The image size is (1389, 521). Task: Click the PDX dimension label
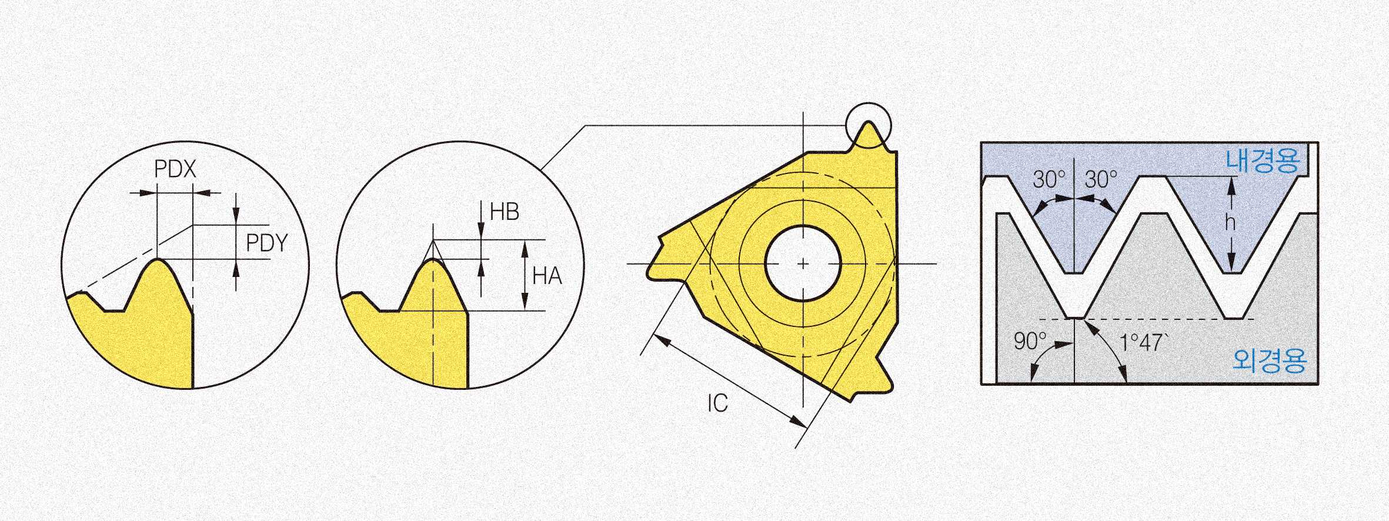pyautogui.click(x=175, y=169)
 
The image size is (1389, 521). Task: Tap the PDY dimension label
pyautogui.click(x=267, y=243)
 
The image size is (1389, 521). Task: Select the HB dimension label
pyautogui.click(x=505, y=212)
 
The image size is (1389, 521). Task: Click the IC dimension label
pyautogui.click(x=717, y=403)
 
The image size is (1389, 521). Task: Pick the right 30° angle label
pyautogui.click(x=1101, y=180)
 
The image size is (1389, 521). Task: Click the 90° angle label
pyautogui.click(x=1031, y=341)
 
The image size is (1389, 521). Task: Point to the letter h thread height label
pyautogui.click(x=1230, y=222)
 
